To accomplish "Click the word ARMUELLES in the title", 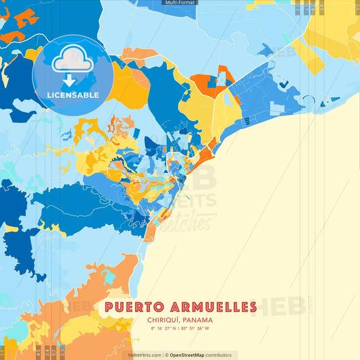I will pyautogui.click(x=211, y=308).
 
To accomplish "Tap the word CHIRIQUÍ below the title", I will pyautogui.click(x=163, y=320).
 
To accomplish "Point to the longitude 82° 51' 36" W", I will pyautogui.click(x=197, y=329).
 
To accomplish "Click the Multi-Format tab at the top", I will pyautogui.click(x=180, y=3).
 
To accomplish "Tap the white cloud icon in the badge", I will pyautogui.click(x=72, y=61).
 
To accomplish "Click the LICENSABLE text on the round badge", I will pyautogui.click(x=72, y=95).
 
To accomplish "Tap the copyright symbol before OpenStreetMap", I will pyautogui.click(x=166, y=355).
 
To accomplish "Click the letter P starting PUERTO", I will pyautogui.click(x=109, y=308).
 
